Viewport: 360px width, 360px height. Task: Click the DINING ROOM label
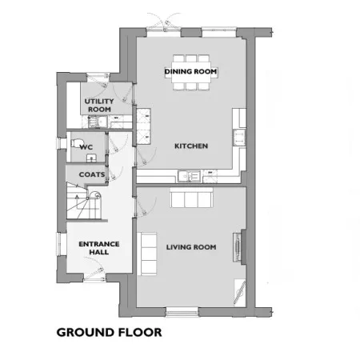[190, 71]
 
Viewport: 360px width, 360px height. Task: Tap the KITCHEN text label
[191, 146]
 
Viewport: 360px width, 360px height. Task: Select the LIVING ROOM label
[191, 247]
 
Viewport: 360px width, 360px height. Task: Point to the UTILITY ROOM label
[99, 106]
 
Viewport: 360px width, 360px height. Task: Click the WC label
[86, 147]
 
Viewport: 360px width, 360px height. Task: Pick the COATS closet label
[92, 174]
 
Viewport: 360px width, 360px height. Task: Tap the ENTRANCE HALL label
[99, 248]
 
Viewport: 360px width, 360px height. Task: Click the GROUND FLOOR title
[109, 333]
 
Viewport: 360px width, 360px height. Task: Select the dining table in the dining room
[191, 73]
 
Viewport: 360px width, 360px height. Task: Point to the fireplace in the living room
[239, 247]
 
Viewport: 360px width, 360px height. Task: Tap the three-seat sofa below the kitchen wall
[191, 198]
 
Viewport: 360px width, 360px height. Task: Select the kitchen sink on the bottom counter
[189, 176]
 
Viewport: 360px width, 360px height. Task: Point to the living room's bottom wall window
[182, 312]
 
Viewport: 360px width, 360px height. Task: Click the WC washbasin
[91, 158]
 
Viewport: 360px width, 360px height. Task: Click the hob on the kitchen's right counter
[239, 138]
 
